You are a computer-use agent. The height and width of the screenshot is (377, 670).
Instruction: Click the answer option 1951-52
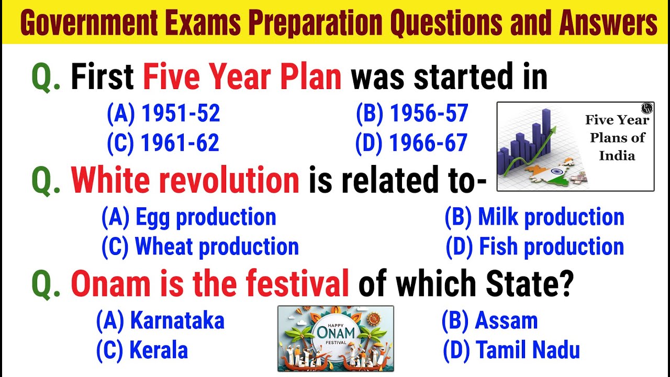point(163,114)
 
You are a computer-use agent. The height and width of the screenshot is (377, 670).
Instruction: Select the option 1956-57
point(411,114)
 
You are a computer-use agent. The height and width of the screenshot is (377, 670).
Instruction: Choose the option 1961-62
point(163,143)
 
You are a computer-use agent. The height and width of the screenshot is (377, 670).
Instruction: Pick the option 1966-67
point(411,143)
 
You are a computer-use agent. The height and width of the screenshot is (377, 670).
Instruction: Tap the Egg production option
point(188,217)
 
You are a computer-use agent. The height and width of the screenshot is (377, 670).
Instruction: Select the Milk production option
point(534,217)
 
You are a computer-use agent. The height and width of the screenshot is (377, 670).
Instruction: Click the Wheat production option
point(200,247)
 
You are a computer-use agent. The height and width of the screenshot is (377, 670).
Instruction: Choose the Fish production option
point(535,247)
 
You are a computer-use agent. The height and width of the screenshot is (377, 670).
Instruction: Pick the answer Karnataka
point(160,320)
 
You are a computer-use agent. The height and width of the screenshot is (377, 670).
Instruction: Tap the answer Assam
point(489,320)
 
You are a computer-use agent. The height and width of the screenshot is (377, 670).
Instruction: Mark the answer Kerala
point(142,350)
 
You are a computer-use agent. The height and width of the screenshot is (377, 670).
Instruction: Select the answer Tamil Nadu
point(511,350)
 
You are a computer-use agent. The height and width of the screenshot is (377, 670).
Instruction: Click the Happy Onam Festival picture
point(336,338)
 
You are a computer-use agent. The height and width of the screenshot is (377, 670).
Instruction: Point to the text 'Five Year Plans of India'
point(617,138)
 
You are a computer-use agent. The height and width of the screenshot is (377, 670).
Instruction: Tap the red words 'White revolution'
point(185,181)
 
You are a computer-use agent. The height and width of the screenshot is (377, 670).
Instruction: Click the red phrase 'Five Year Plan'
point(242,77)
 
